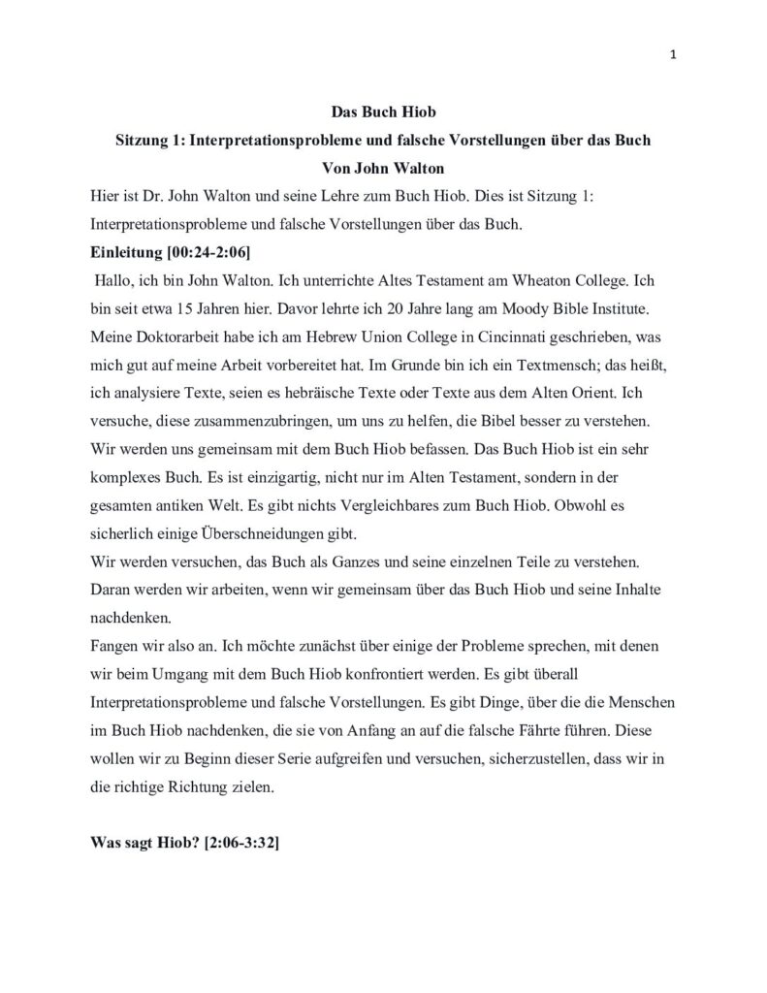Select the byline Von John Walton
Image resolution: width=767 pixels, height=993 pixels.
[383, 168]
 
